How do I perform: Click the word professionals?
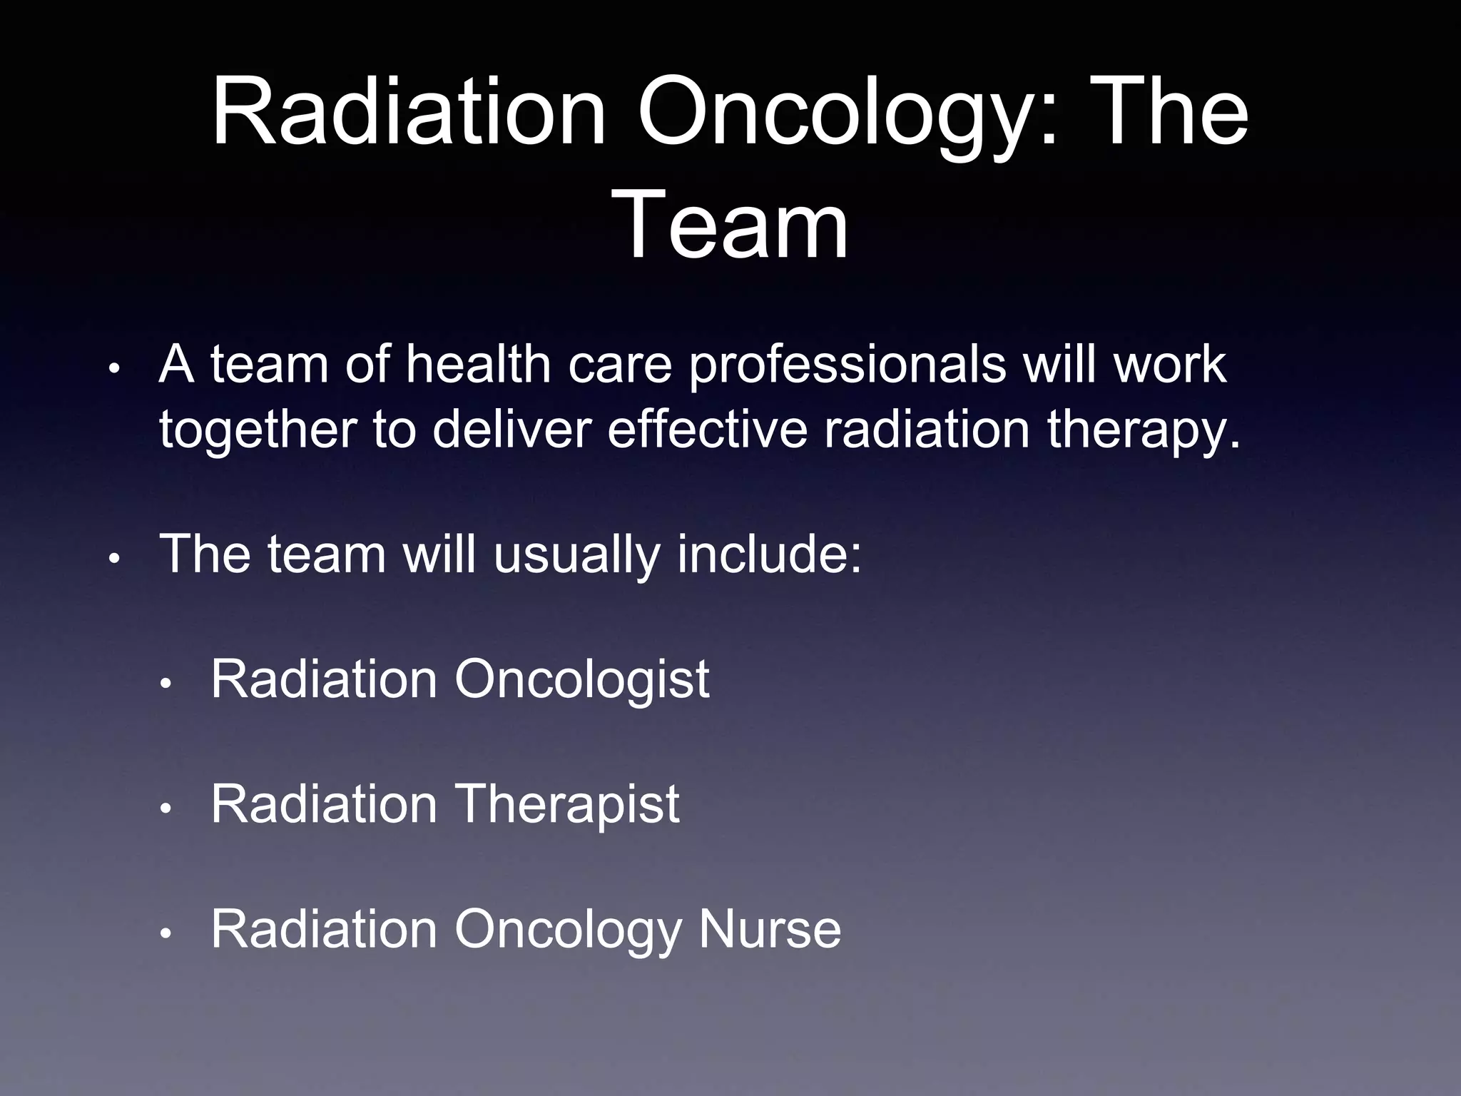click(x=847, y=365)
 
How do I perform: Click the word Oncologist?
click(x=581, y=679)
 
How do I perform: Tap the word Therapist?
click(x=566, y=805)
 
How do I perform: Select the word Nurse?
click(x=770, y=929)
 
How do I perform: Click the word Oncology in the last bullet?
click(x=568, y=930)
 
